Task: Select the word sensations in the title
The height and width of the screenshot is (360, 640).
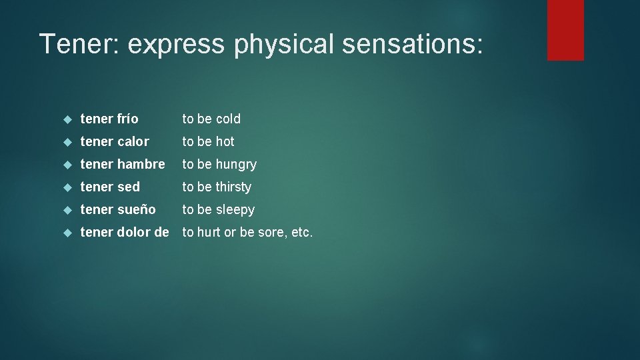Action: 409,44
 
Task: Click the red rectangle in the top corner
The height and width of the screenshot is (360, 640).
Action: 565,30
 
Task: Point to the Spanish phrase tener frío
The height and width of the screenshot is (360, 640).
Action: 109,119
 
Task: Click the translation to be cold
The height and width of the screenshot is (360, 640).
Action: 211,119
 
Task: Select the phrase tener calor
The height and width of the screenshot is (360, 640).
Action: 115,141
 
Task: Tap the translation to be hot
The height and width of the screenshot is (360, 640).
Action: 208,141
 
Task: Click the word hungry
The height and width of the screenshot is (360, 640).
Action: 236,165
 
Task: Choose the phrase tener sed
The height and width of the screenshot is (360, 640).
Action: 110,187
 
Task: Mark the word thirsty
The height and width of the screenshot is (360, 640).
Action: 233,187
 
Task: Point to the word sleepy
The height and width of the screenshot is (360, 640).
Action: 235,210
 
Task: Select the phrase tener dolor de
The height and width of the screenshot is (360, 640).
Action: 125,232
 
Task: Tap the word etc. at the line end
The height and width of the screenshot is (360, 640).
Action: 302,233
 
